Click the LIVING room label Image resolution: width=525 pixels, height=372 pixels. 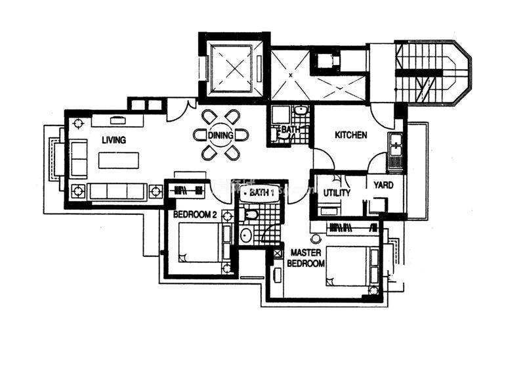coord(114,139)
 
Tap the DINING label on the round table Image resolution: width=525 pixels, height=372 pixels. coord(220,135)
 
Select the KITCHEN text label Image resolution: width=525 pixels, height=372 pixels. coord(351,135)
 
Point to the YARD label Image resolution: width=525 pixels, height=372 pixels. coord(383,185)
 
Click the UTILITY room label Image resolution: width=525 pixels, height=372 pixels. coord(337,193)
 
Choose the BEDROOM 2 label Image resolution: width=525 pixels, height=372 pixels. coord(195,214)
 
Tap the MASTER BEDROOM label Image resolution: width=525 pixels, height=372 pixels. coord(306,258)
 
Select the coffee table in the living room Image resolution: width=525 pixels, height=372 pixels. coord(119,160)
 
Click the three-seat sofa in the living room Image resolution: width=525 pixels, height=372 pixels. coord(117,191)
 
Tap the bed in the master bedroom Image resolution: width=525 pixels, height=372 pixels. coord(348,266)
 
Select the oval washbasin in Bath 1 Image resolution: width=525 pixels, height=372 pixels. coord(247,235)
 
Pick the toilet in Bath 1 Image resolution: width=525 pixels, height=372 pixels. coord(249,215)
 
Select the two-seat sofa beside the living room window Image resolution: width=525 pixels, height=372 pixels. coord(79,158)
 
